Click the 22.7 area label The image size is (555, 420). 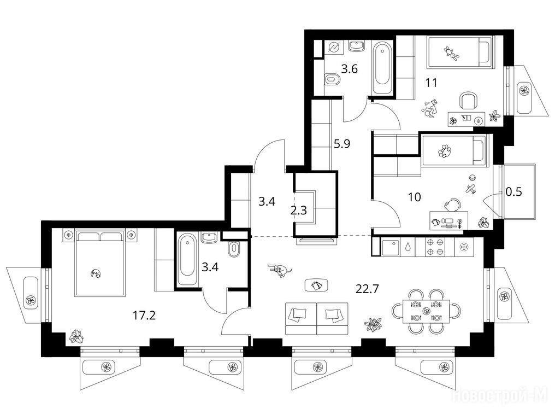coord(367,289)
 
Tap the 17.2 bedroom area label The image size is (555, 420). coord(144,315)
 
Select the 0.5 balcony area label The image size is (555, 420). coord(513,192)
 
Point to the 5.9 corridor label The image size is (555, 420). coord(342,144)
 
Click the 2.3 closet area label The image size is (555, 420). coord(298,211)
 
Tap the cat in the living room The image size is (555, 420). coord(280,271)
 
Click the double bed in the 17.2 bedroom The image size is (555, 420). coord(100,262)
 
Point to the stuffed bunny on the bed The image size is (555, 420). coord(451,53)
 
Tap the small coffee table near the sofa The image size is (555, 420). coord(316,285)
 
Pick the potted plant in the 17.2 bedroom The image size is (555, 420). coord(76,336)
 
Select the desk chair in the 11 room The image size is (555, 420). coord(468,100)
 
